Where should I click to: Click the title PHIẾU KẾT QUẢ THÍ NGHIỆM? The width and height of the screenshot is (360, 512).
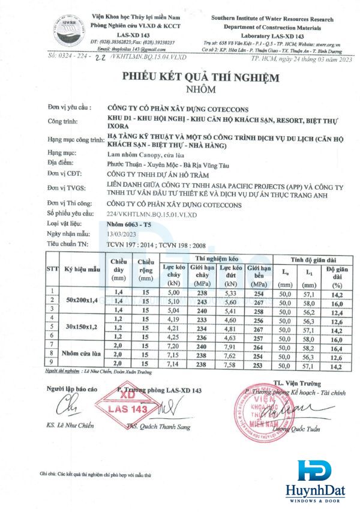coord(201,77)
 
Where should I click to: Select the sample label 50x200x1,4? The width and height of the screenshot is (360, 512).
coord(82,300)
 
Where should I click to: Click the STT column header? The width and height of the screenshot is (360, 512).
coord(52,270)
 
